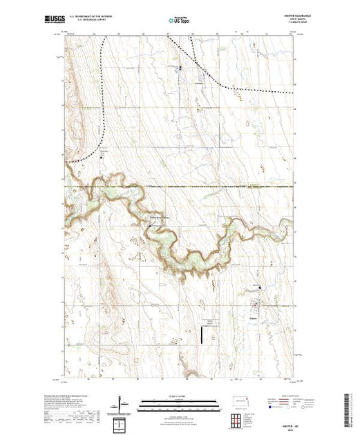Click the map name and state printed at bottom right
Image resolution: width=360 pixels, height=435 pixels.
(x=281, y=423)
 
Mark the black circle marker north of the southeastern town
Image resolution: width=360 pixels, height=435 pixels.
(x=260, y=288)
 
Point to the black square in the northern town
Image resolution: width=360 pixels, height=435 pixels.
(x=181, y=68)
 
